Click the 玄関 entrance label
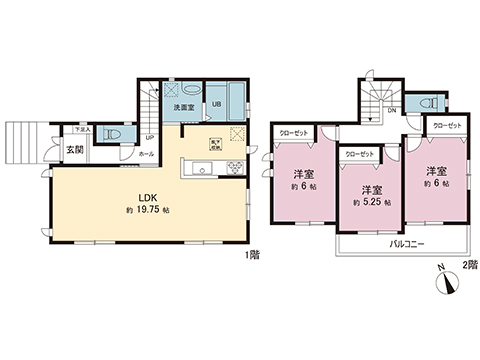tap(76, 150)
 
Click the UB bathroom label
tap(216, 106)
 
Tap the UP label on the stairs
tap(149, 138)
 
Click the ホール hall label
tap(146, 154)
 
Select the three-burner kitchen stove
tap(237, 166)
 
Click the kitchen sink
tap(196, 168)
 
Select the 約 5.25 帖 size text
tap(369, 203)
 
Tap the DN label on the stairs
tap(393, 110)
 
